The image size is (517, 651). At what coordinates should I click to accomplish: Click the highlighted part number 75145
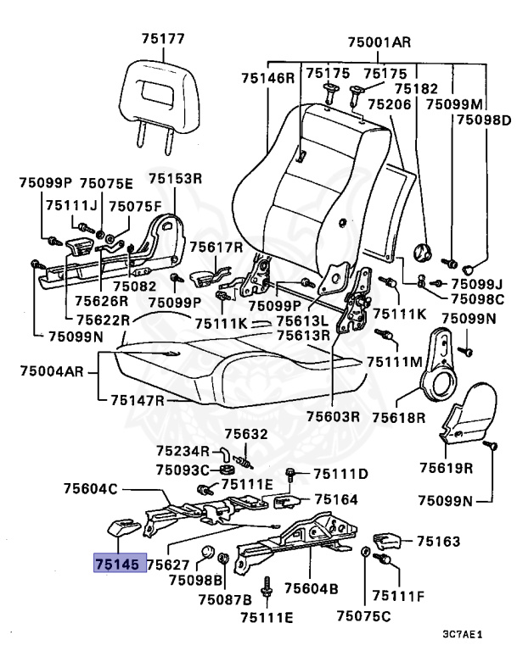119,562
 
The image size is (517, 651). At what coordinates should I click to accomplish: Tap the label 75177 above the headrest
162,39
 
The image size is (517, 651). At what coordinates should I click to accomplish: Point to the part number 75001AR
379,41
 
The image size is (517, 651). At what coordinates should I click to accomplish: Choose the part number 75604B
312,587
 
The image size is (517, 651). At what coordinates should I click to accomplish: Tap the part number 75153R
176,179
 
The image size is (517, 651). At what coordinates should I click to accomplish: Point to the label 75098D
482,120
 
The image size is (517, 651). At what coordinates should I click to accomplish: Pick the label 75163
437,540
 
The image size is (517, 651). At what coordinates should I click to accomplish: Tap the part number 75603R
334,416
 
